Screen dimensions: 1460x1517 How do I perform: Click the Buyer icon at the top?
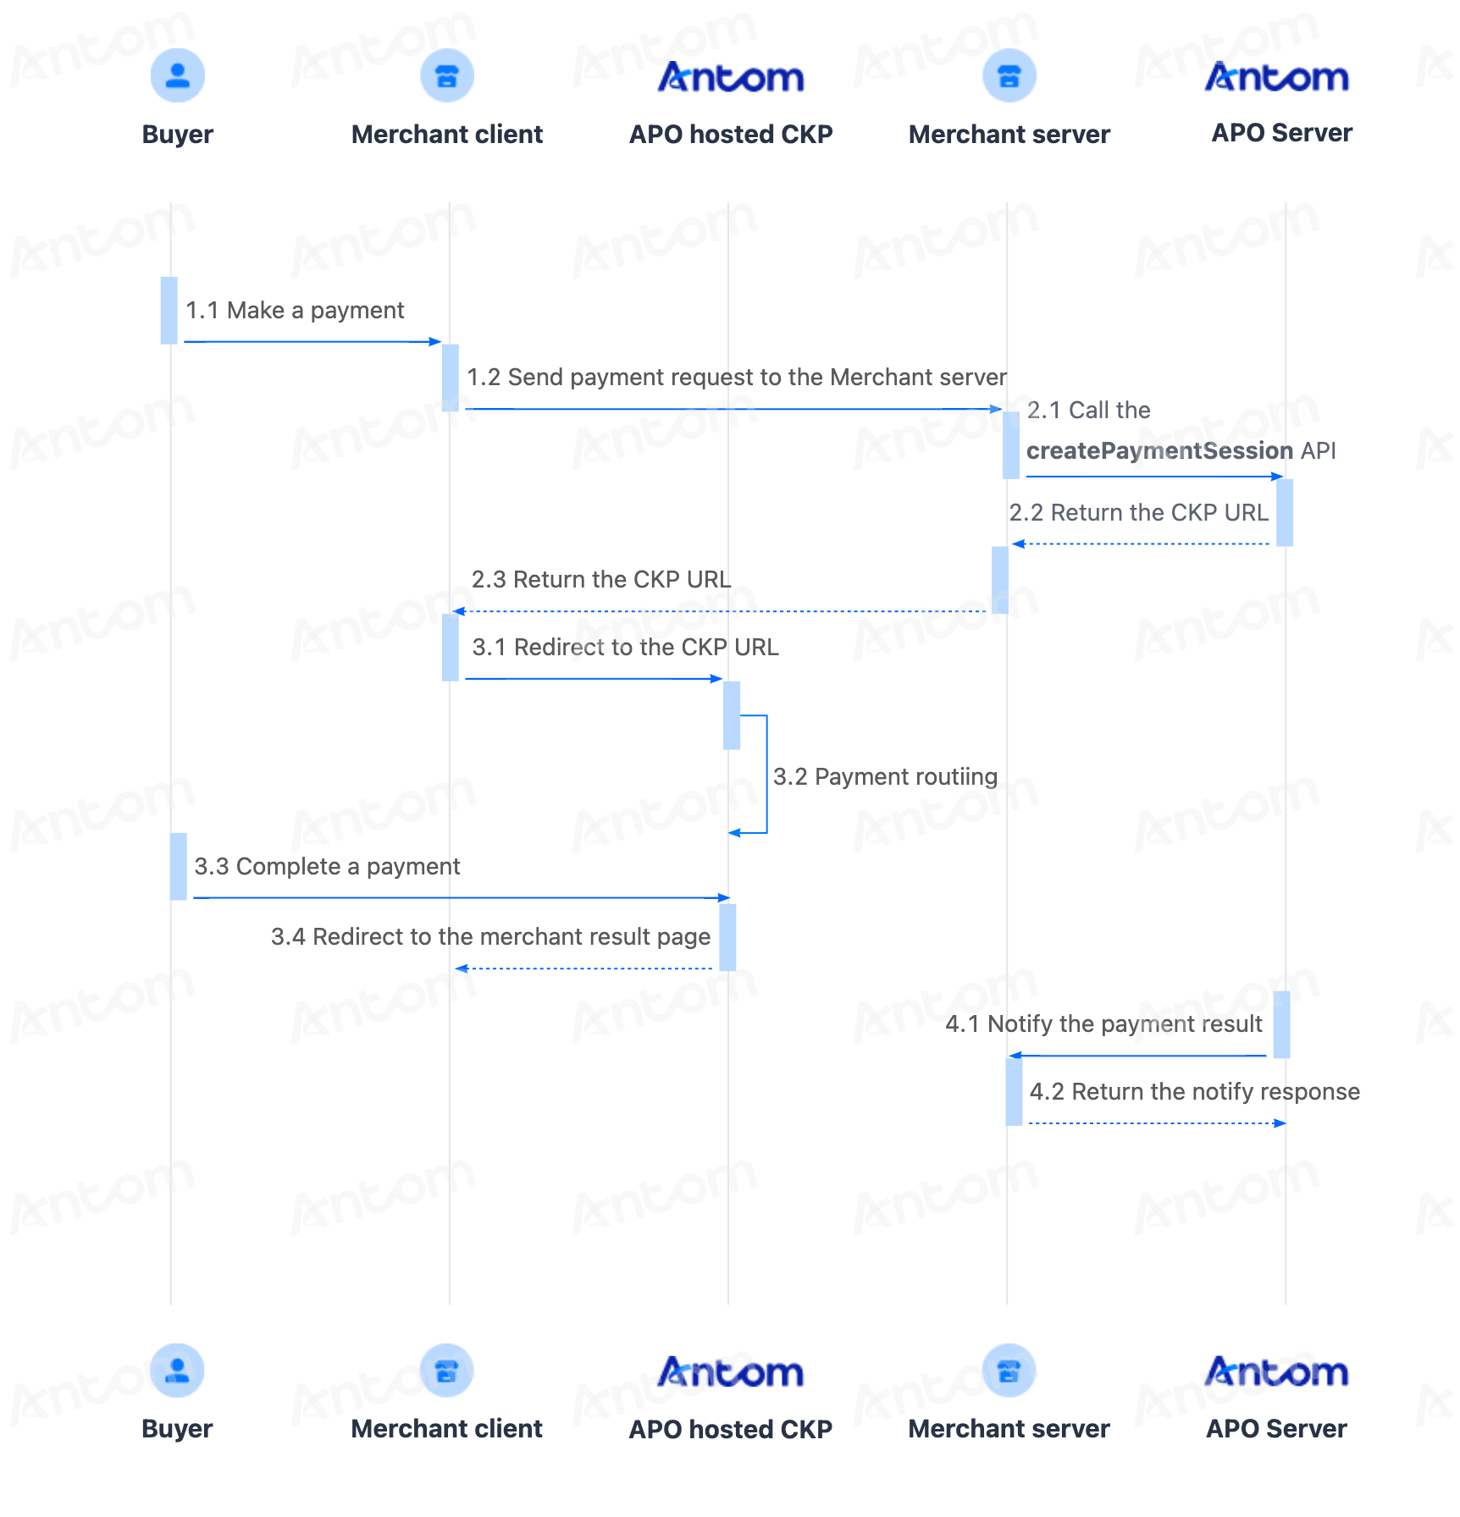tap(177, 75)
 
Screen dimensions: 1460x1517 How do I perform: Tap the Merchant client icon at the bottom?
tap(446, 1371)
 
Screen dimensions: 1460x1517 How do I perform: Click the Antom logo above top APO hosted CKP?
tap(731, 77)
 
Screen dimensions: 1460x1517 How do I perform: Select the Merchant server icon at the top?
tap(1009, 75)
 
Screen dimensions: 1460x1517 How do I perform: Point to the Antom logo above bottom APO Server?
tap(1276, 1371)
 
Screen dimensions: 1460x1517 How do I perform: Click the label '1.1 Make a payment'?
tap(295, 311)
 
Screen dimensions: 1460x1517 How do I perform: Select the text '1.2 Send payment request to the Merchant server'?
tap(737, 377)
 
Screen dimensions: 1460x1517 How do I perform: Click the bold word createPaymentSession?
tap(1159, 450)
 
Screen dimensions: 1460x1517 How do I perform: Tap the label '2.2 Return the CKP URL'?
tap(1138, 512)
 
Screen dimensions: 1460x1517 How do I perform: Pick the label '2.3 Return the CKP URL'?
tap(601, 579)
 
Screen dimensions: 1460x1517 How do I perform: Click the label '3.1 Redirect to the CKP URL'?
tap(625, 647)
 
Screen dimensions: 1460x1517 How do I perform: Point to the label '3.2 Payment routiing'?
tap(885, 776)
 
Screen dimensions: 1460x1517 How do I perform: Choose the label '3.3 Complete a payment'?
tap(327, 866)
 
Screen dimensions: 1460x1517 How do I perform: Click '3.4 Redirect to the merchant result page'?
tap(490, 936)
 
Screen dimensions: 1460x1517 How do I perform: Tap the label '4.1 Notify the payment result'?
tap(1103, 1023)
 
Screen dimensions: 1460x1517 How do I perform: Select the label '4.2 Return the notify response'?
tap(1194, 1091)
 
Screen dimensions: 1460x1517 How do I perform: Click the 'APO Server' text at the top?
tap(1281, 133)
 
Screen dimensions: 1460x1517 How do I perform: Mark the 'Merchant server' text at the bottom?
tap(1009, 1429)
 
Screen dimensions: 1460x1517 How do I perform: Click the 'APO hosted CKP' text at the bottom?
tap(730, 1429)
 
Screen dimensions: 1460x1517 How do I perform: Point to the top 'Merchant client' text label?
tap(447, 134)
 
